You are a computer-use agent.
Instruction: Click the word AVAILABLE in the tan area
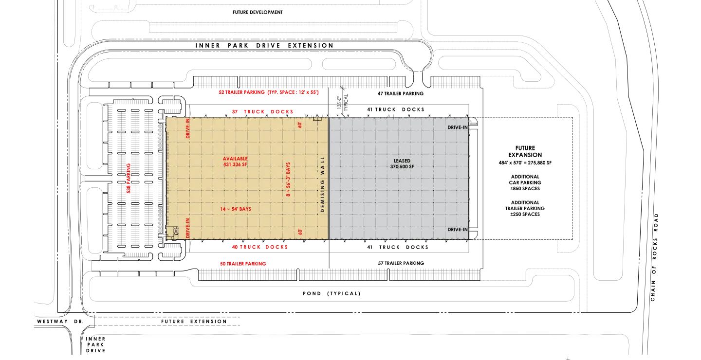235,159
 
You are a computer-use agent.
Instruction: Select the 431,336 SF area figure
235,164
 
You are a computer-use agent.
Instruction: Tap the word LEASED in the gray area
402,161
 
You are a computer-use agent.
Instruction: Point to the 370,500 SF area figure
402,166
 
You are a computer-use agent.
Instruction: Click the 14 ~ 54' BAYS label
236,209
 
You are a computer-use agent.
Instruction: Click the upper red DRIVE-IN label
188,129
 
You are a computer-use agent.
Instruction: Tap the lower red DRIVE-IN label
188,228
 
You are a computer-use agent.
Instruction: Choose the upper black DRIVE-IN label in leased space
458,127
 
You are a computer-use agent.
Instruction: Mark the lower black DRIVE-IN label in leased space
458,229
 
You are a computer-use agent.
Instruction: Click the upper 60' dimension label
300,125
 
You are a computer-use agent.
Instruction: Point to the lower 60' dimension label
300,232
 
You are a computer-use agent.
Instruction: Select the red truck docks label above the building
262,112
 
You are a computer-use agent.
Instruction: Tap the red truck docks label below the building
260,247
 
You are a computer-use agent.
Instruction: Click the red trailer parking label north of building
268,92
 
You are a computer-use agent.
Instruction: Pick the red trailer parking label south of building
243,264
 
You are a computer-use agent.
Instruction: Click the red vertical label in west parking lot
129,178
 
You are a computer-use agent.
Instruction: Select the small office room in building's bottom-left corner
170,234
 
